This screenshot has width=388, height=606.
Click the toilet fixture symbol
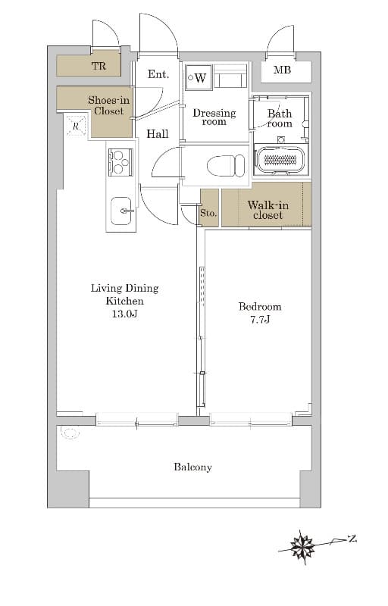coord(226,166)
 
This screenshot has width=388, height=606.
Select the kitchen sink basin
coord(121,211)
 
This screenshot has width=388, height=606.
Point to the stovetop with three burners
coord(120,162)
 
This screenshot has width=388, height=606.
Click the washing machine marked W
coord(199,78)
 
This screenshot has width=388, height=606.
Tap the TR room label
coord(99,66)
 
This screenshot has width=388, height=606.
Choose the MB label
coord(282,70)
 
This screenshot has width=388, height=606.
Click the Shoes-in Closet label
coord(108,105)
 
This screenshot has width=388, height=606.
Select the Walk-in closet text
coord(268,210)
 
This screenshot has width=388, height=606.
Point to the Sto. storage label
coord(208,213)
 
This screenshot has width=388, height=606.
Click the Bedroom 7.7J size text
coord(260,320)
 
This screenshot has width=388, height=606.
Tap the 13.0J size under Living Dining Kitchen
coord(125,314)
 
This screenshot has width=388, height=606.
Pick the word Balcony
coord(192,467)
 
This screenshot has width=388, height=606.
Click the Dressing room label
coord(214,117)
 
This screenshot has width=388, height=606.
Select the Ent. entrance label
coord(158,74)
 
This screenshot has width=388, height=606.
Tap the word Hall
coord(158,134)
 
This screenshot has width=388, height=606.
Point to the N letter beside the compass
coord(352,538)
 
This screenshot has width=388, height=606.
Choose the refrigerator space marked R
coord(76,126)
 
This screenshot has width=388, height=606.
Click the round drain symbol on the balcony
coord(70,433)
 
